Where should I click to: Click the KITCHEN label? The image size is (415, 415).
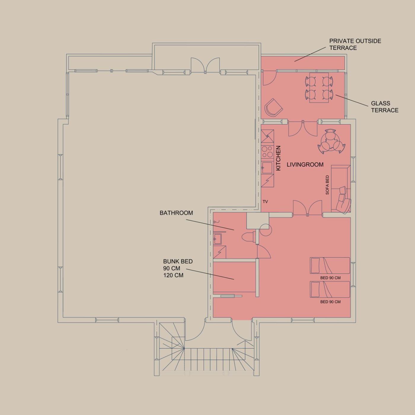pos(278,158)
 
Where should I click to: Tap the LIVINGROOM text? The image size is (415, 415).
pos(305,165)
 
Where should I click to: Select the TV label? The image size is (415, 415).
pos(265,202)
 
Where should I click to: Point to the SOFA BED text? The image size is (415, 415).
pos(327,185)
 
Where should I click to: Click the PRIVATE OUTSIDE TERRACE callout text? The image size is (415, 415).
pos(355,44)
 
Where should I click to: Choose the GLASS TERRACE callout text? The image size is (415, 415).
pos(385,107)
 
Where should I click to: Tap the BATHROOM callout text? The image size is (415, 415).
pos(176,213)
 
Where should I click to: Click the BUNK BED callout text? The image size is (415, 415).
pos(178,268)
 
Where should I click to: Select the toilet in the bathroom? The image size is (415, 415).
pos(249,238)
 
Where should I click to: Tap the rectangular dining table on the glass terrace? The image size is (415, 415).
pos(319,87)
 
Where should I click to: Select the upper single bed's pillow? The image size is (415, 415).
pos(315,266)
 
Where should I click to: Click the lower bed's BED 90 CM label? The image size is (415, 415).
pos(330,302)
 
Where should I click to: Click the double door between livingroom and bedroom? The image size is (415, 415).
pos(307,208)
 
